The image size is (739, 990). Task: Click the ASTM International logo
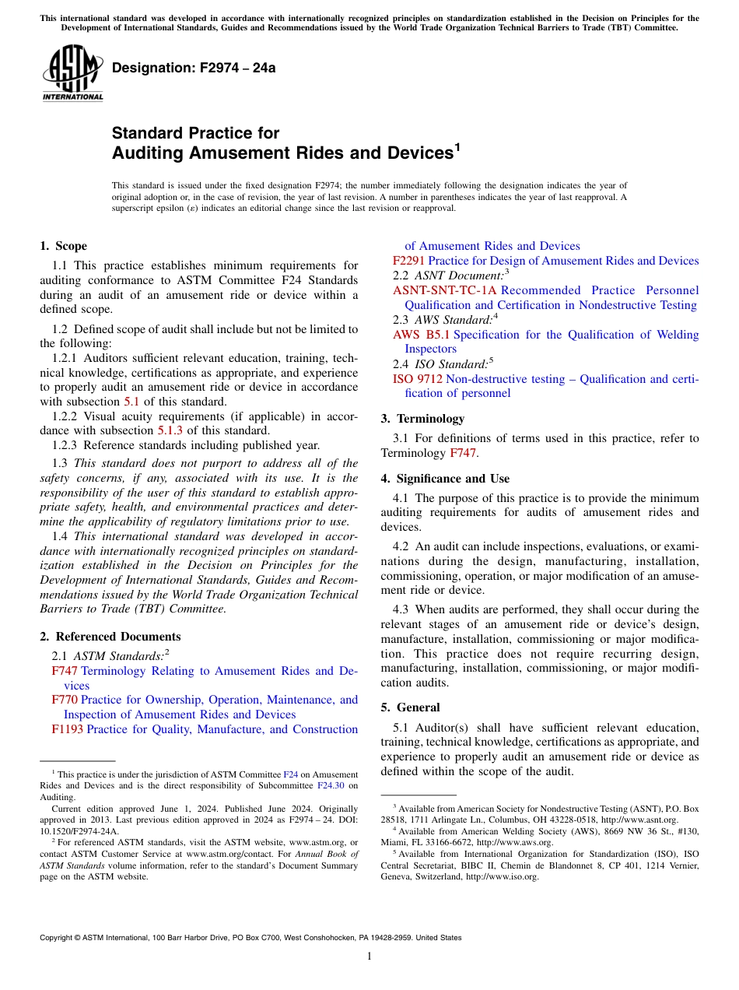tap(72, 72)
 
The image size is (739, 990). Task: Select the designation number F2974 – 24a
tap(194, 68)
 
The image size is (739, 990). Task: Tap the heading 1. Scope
tap(63, 246)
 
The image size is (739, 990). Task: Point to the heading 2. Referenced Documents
tap(110, 637)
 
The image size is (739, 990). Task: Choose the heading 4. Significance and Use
tap(445, 479)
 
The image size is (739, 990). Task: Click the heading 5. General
tap(410, 707)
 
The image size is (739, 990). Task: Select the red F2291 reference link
tap(408, 261)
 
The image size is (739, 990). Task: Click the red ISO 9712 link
tap(418, 379)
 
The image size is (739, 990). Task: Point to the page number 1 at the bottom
tap(369, 957)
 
